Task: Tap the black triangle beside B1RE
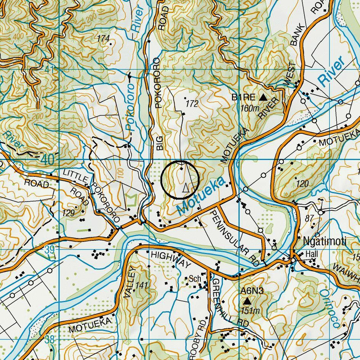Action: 263,98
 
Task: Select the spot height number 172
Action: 192,104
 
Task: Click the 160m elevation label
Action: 250,108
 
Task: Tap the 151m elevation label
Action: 250,311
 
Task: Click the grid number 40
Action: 48,160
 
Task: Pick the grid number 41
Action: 50,70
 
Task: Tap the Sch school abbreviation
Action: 195,279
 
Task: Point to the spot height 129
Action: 68,213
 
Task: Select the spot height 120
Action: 302,184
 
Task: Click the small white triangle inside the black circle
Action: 186,187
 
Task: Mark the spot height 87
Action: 309,218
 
